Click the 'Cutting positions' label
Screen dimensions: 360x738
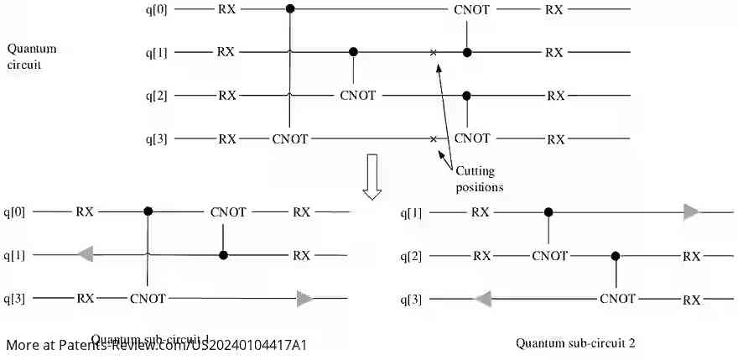point(480,179)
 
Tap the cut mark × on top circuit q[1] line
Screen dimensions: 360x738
point(433,53)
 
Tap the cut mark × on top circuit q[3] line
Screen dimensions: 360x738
point(433,138)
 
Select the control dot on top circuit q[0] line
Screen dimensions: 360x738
point(290,9)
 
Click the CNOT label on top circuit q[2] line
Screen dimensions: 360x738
point(358,96)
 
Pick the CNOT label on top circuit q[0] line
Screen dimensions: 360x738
point(472,10)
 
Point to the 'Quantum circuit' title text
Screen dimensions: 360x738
point(31,56)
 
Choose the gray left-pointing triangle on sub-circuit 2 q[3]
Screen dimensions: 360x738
point(483,299)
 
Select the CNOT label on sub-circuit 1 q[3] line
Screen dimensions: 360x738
point(148,298)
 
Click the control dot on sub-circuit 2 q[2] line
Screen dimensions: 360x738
point(616,256)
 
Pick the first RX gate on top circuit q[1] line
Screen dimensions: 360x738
point(226,52)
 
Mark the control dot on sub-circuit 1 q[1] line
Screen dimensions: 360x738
point(222,254)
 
